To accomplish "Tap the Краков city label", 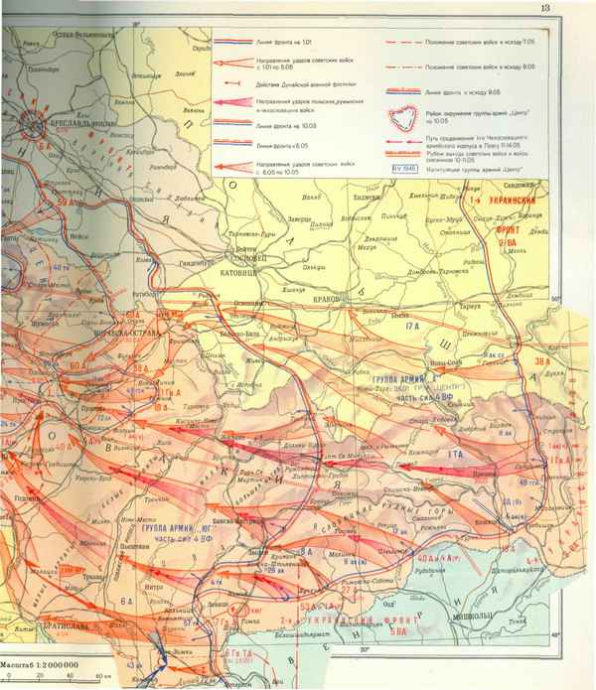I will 327,298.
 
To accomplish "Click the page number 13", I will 573,10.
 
